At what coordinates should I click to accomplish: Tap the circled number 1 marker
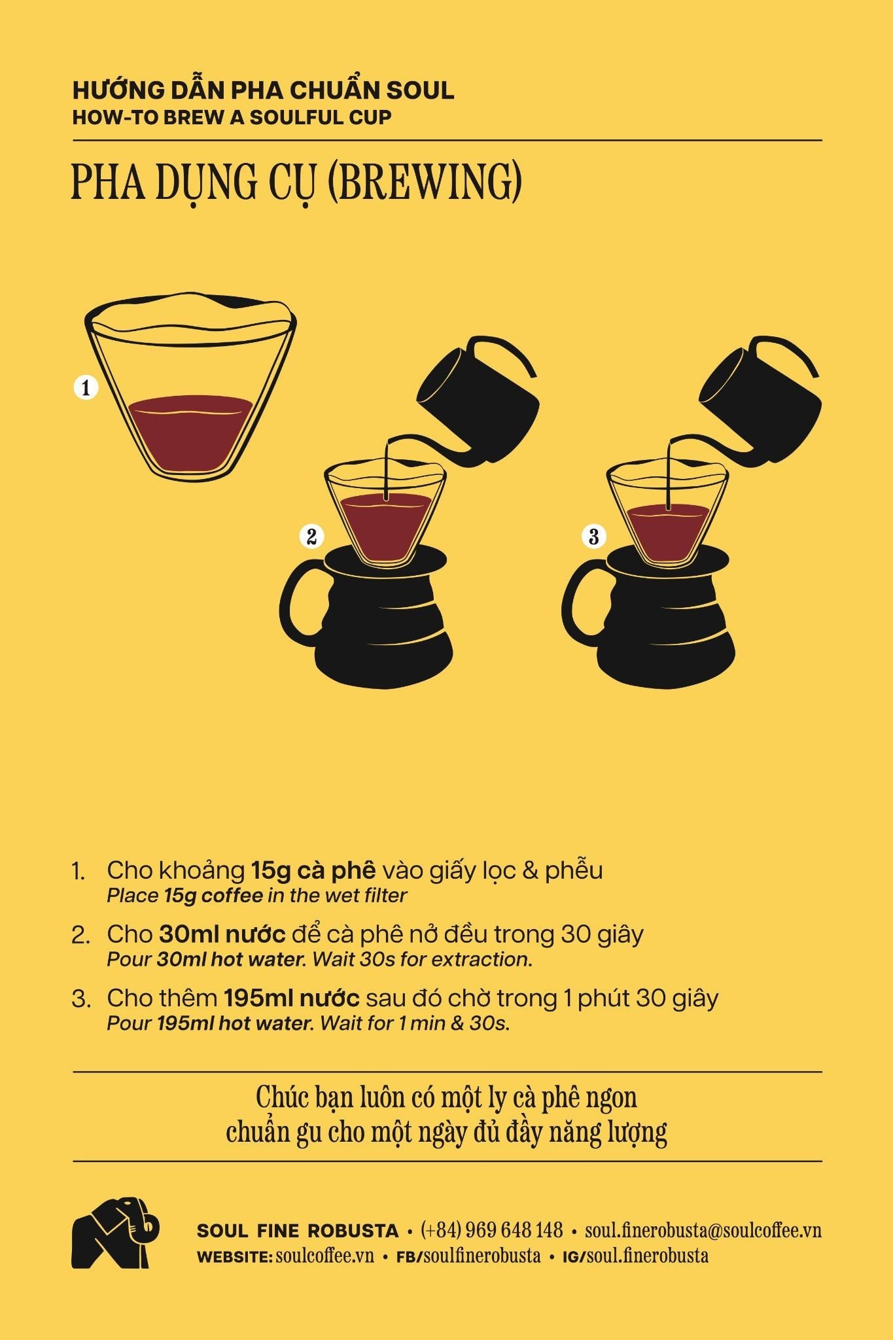[x=86, y=387]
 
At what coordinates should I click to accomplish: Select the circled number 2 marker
[x=311, y=537]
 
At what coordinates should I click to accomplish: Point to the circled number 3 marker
[x=594, y=537]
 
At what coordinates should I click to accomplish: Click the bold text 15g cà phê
[x=314, y=870]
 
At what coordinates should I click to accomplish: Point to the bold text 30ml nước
[x=222, y=934]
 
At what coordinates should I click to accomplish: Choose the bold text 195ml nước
[x=292, y=998]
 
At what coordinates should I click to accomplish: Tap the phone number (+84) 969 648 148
[x=492, y=1230]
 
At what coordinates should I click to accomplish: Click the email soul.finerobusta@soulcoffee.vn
[x=703, y=1230]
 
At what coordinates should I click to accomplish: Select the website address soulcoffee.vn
[x=325, y=1256]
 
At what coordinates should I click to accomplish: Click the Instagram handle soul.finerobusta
[x=648, y=1256]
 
